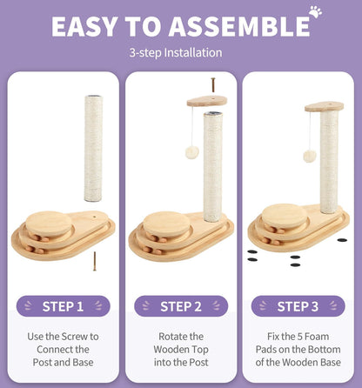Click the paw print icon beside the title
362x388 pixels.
point(315,11)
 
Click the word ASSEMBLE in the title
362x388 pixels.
point(239,27)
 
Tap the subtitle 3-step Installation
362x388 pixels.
point(176,53)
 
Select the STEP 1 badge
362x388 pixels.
point(64,306)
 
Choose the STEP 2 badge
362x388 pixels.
point(181,306)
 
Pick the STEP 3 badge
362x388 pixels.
point(298,306)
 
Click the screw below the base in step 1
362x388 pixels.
point(95,261)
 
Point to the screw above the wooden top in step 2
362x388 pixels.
point(213,84)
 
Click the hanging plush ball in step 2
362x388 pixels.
point(192,152)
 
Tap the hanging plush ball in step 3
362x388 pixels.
point(310,157)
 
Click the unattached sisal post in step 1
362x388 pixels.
point(93,148)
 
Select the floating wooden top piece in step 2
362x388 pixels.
point(207,101)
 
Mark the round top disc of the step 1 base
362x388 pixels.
point(49,224)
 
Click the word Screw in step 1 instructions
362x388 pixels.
point(75,337)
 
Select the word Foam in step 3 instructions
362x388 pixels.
point(318,337)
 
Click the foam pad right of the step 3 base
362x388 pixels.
point(342,240)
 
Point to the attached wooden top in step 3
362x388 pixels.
point(324,107)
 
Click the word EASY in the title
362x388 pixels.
point(85,27)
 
